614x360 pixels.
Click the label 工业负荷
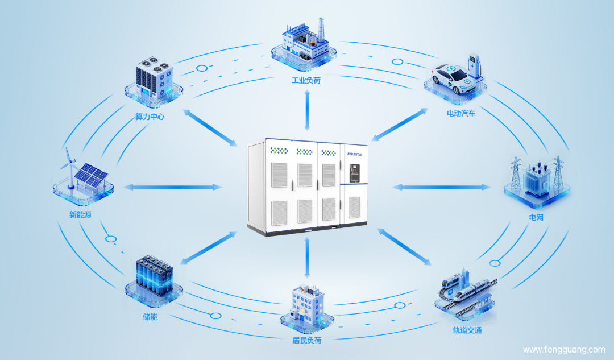coord(306,80)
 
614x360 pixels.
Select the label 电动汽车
coord(461,113)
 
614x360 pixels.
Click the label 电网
coord(537,217)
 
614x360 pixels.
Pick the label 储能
coord(151,317)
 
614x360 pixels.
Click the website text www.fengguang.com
coord(563,349)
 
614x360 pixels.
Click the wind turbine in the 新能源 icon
coord(69,165)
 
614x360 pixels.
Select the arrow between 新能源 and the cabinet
coord(173,187)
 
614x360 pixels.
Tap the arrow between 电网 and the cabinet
coord(441,187)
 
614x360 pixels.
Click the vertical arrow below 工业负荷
coord(307,110)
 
